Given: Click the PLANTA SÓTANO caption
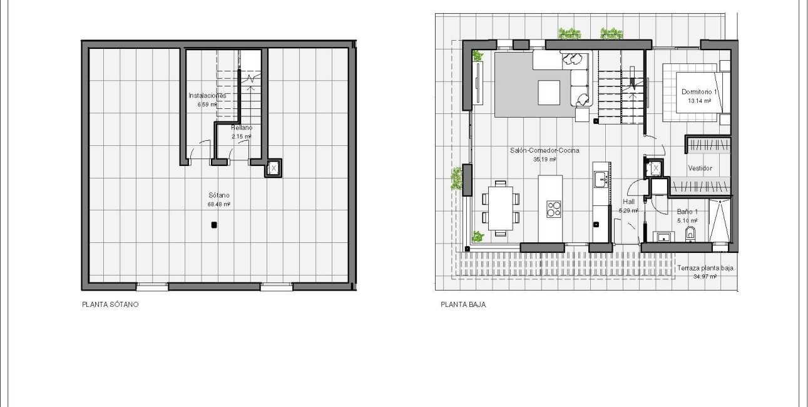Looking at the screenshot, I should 110,305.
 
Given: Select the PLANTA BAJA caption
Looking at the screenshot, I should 463,305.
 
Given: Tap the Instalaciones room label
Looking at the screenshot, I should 207,96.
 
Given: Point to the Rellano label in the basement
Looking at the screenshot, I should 241,128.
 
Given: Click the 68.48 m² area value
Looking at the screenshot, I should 219,204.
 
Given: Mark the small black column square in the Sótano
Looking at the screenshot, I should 214,225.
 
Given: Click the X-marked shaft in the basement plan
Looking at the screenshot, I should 274,168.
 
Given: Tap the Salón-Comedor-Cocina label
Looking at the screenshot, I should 544,150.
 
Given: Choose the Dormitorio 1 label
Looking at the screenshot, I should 700,92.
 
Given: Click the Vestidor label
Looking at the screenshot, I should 700,168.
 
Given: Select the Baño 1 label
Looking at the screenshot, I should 687,212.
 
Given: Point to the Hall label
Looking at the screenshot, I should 628,202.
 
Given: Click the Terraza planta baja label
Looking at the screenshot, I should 705,268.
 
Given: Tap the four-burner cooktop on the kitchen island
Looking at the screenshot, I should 553,208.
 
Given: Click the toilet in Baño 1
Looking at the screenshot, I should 690,234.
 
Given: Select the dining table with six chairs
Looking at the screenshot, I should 500,208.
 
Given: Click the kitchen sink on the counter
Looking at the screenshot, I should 600,179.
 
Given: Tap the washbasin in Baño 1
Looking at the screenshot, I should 663,236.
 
